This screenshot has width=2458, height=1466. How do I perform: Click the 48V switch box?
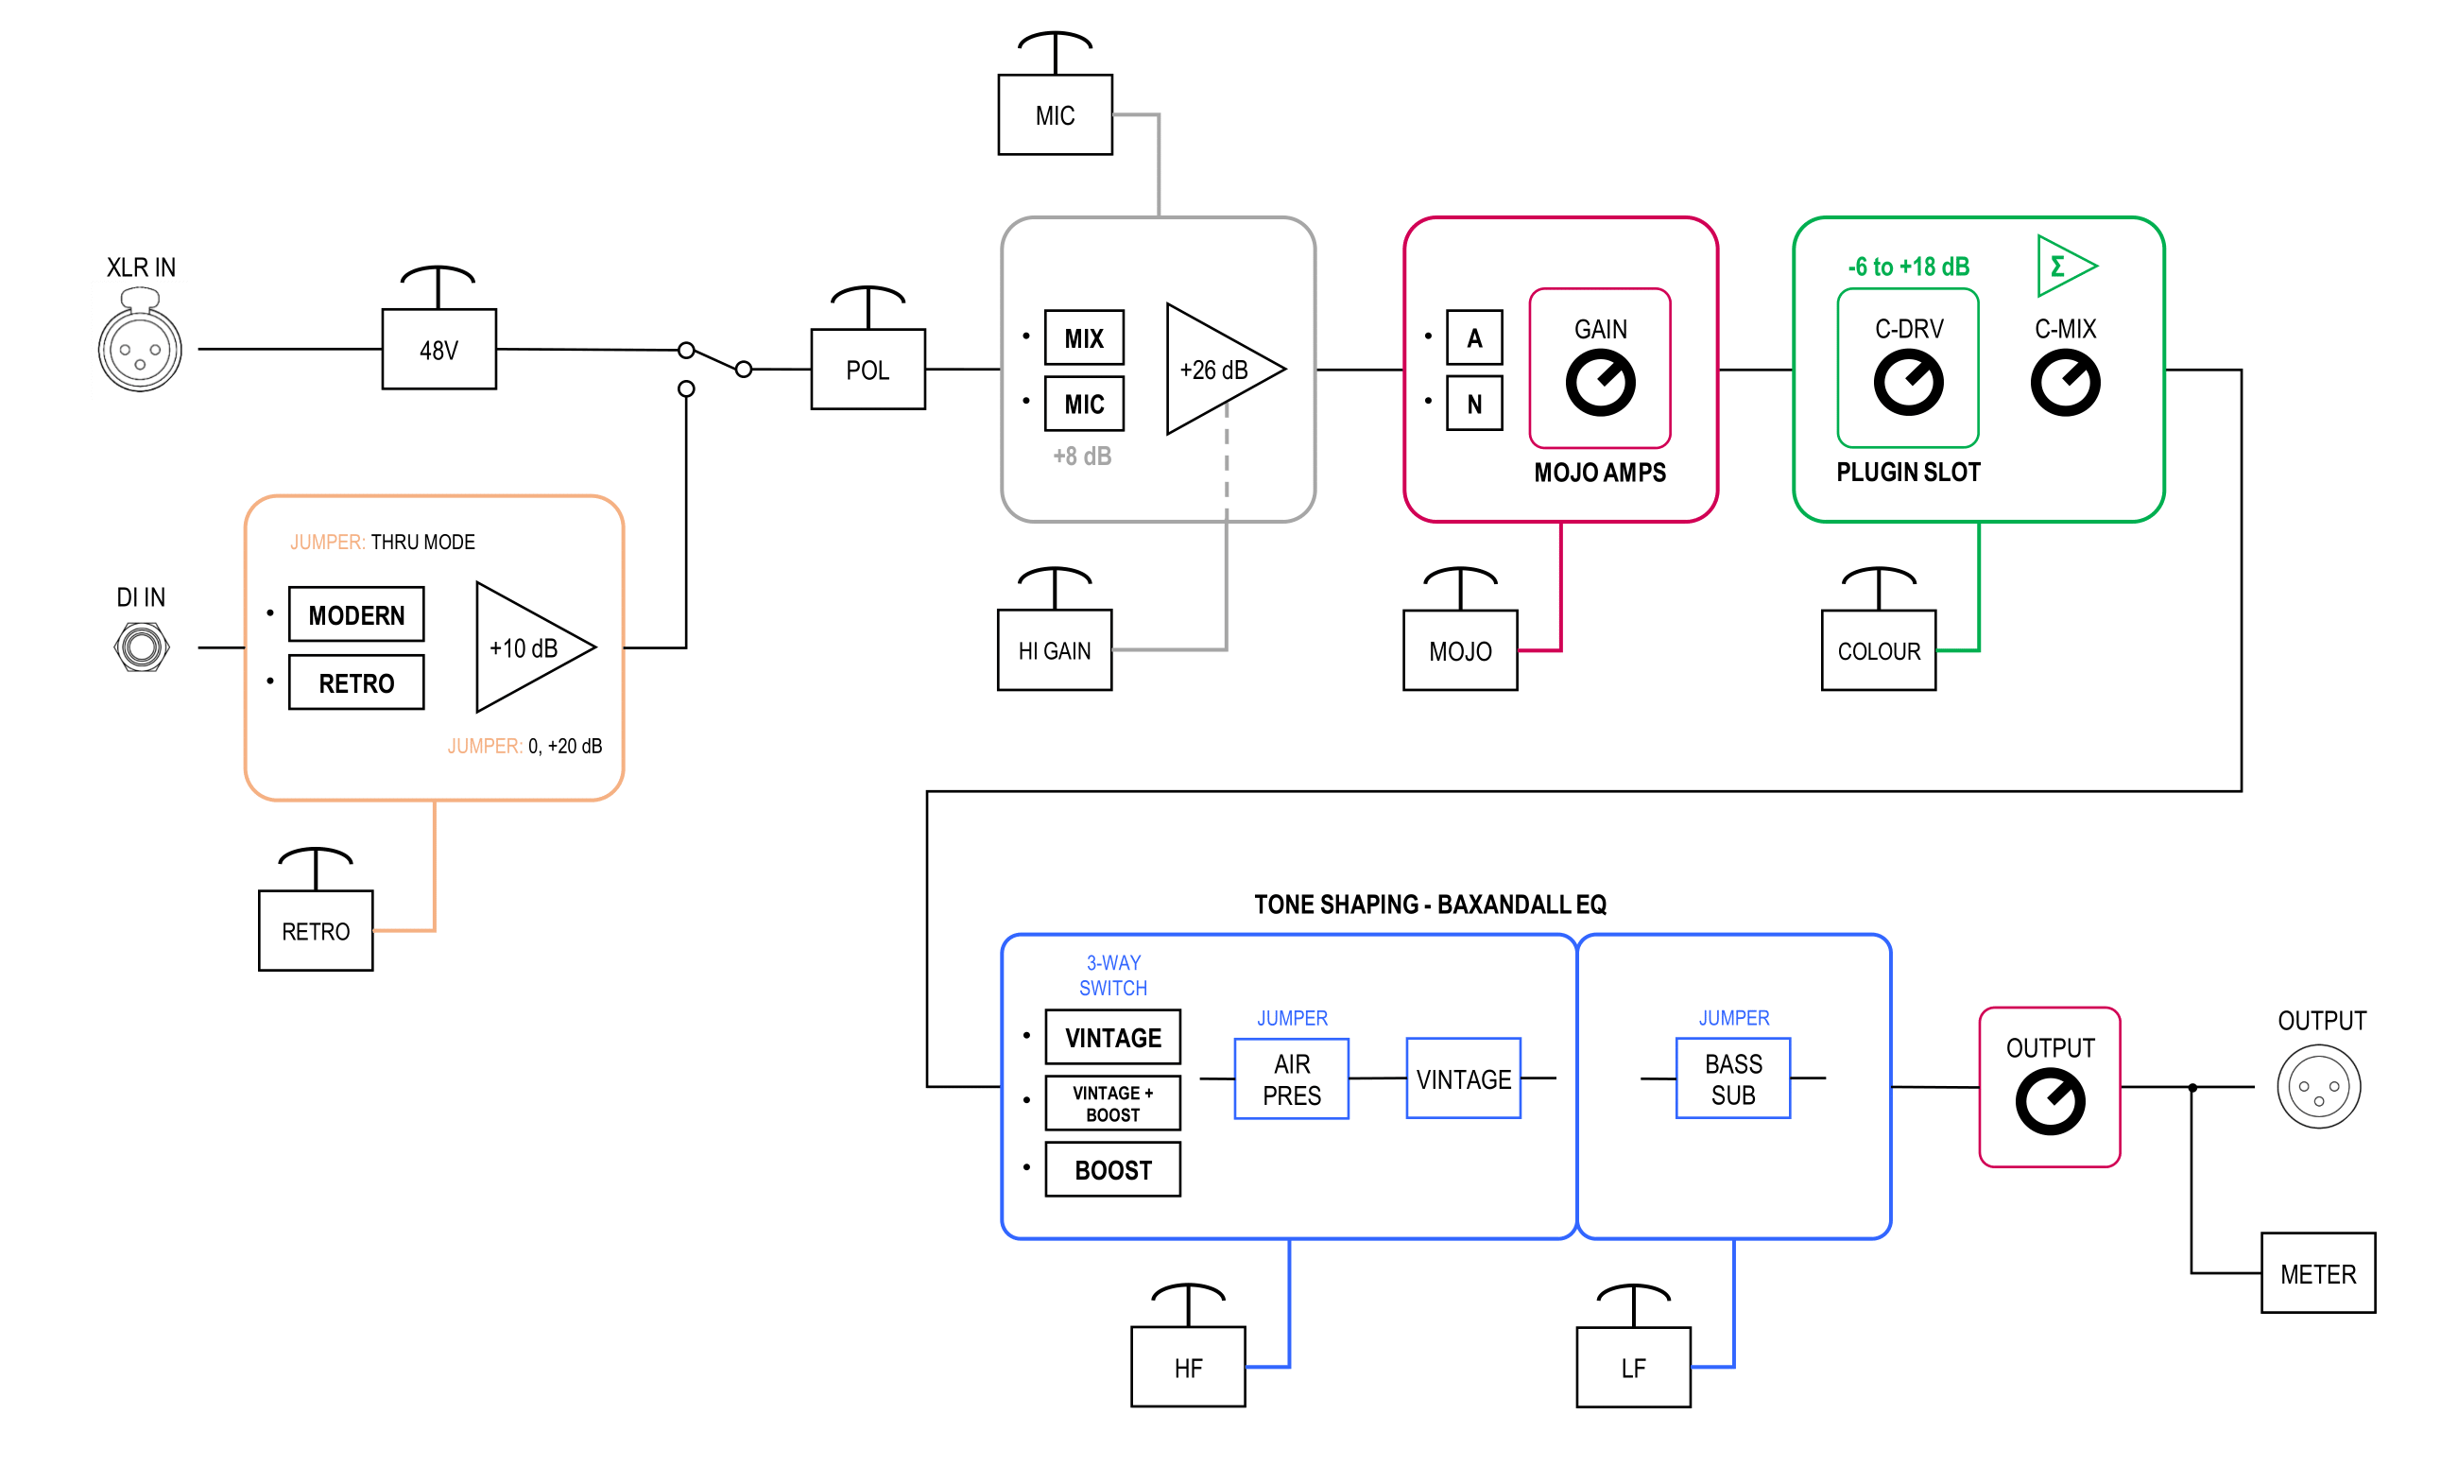click(438, 349)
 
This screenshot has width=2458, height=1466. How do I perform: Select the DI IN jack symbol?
click(141, 648)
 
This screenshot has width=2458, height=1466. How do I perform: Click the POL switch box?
click(868, 369)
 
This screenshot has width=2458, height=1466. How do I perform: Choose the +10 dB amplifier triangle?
click(528, 647)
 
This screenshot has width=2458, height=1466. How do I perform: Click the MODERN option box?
click(356, 614)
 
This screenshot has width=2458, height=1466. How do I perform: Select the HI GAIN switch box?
click(1055, 650)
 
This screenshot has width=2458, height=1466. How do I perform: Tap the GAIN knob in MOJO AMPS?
click(1600, 384)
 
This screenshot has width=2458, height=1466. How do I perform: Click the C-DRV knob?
click(1908, 384)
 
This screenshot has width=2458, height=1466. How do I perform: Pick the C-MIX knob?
click(2065, 384)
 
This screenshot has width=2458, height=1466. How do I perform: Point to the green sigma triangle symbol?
click(2063, 266)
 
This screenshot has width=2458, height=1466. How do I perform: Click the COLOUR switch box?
click(1879, 650)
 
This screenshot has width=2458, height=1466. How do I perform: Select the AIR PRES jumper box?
click(1291, 1078)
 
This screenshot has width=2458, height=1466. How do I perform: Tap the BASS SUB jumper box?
click(1733, 1078)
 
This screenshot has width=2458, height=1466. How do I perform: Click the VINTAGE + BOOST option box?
click(1113, 1103)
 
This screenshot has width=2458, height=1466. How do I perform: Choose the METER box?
click(2318, 1273)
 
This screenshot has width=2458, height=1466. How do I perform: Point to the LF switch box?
click(1633, 1367)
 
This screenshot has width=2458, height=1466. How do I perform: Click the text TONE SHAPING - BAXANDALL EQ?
click(1430, 904)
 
